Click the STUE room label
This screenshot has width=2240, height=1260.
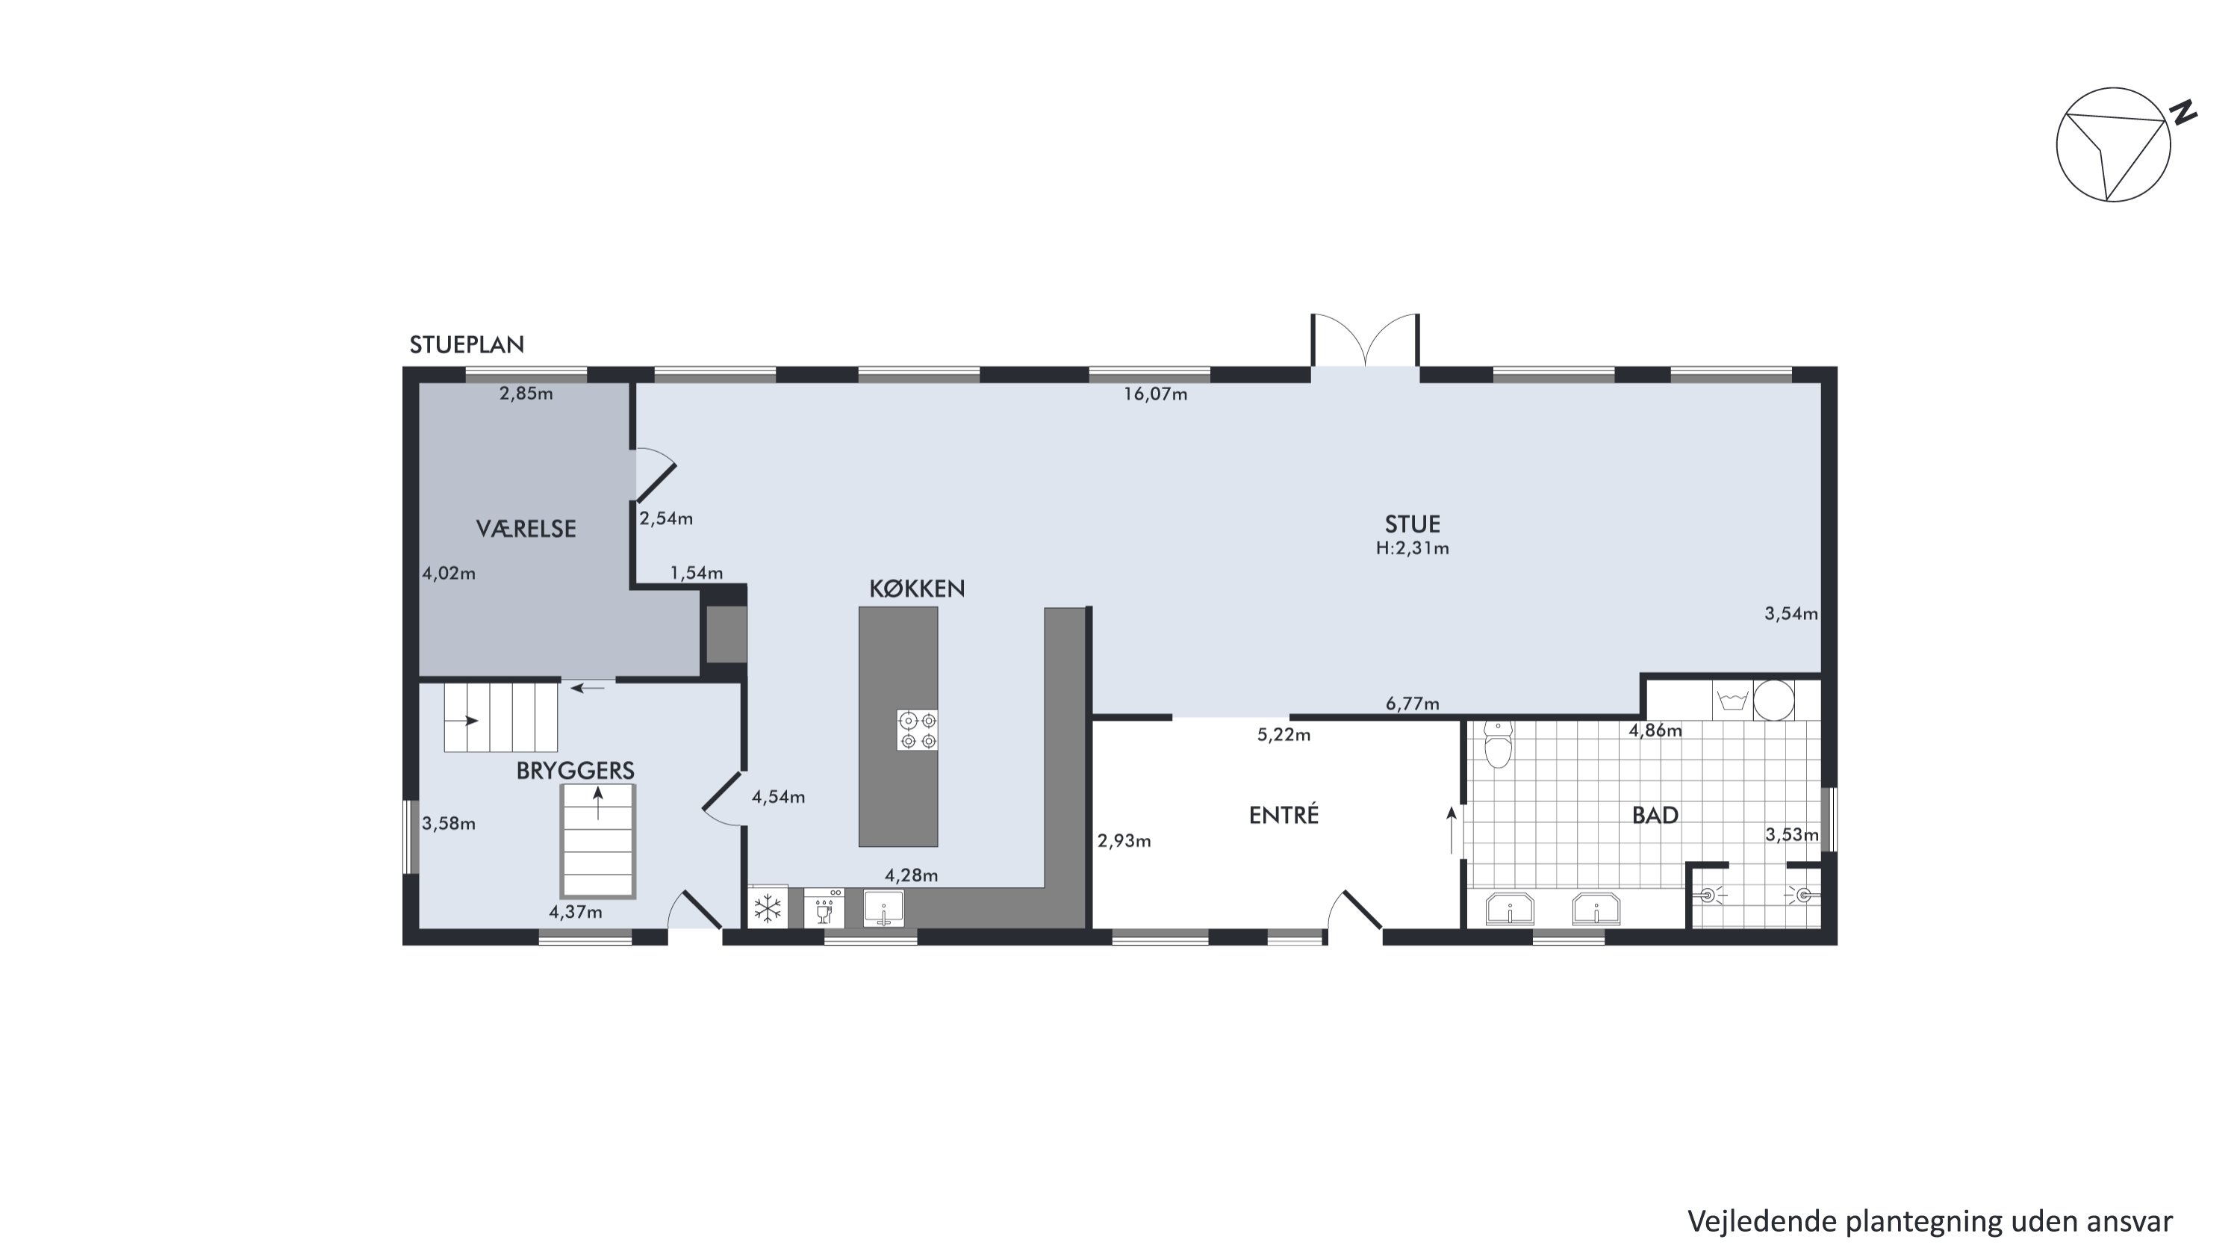[1412, 524]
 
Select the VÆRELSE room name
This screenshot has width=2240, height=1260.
[526, 529]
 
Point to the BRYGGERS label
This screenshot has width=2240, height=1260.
[575, 771]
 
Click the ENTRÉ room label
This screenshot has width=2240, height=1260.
[1284, 815]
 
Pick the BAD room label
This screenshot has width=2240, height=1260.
[1655, 815]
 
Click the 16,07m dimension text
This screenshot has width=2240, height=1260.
[1155, 394]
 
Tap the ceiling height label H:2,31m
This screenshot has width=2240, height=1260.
[1412, 547]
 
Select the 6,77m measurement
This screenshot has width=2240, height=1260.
[1412, 704]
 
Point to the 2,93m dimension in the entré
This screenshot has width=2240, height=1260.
[1124, 841]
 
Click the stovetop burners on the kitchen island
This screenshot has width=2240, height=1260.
[918, 730]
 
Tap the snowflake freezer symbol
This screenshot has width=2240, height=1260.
[767, 910]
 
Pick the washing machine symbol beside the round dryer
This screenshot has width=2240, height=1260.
[1732, 700]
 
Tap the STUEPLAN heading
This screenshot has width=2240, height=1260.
[467, 345]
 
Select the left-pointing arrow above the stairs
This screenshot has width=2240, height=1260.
[588, 689]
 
